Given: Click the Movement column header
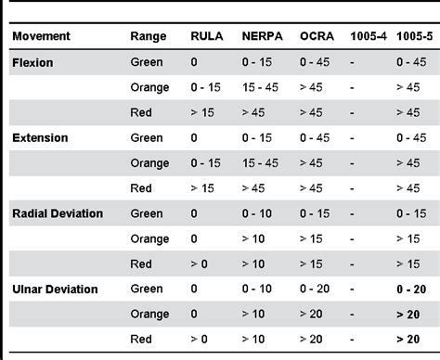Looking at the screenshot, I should coord(42,36).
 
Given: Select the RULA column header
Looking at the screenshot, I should coord(207,36).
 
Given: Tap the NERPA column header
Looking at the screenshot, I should coord(262,36).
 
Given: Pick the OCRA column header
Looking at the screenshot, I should coord(317,36).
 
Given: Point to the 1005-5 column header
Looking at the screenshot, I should coord(412,36).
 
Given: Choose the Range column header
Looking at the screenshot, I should coord(149,36).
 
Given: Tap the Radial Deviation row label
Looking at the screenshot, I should coord(58,213).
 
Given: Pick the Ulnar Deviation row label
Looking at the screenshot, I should coord(55,289).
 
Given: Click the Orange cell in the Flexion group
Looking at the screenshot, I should coord(149,87).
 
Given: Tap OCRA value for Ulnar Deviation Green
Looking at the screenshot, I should coord(315,289).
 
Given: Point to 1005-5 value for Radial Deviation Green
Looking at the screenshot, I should coord(411,213).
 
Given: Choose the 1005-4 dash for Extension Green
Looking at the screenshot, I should coord(352,137).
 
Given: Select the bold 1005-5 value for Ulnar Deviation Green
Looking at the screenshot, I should coord(411,289).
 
